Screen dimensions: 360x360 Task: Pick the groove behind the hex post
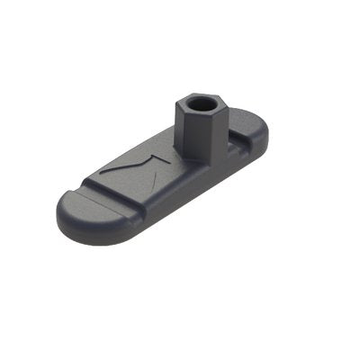tap(236, 136)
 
